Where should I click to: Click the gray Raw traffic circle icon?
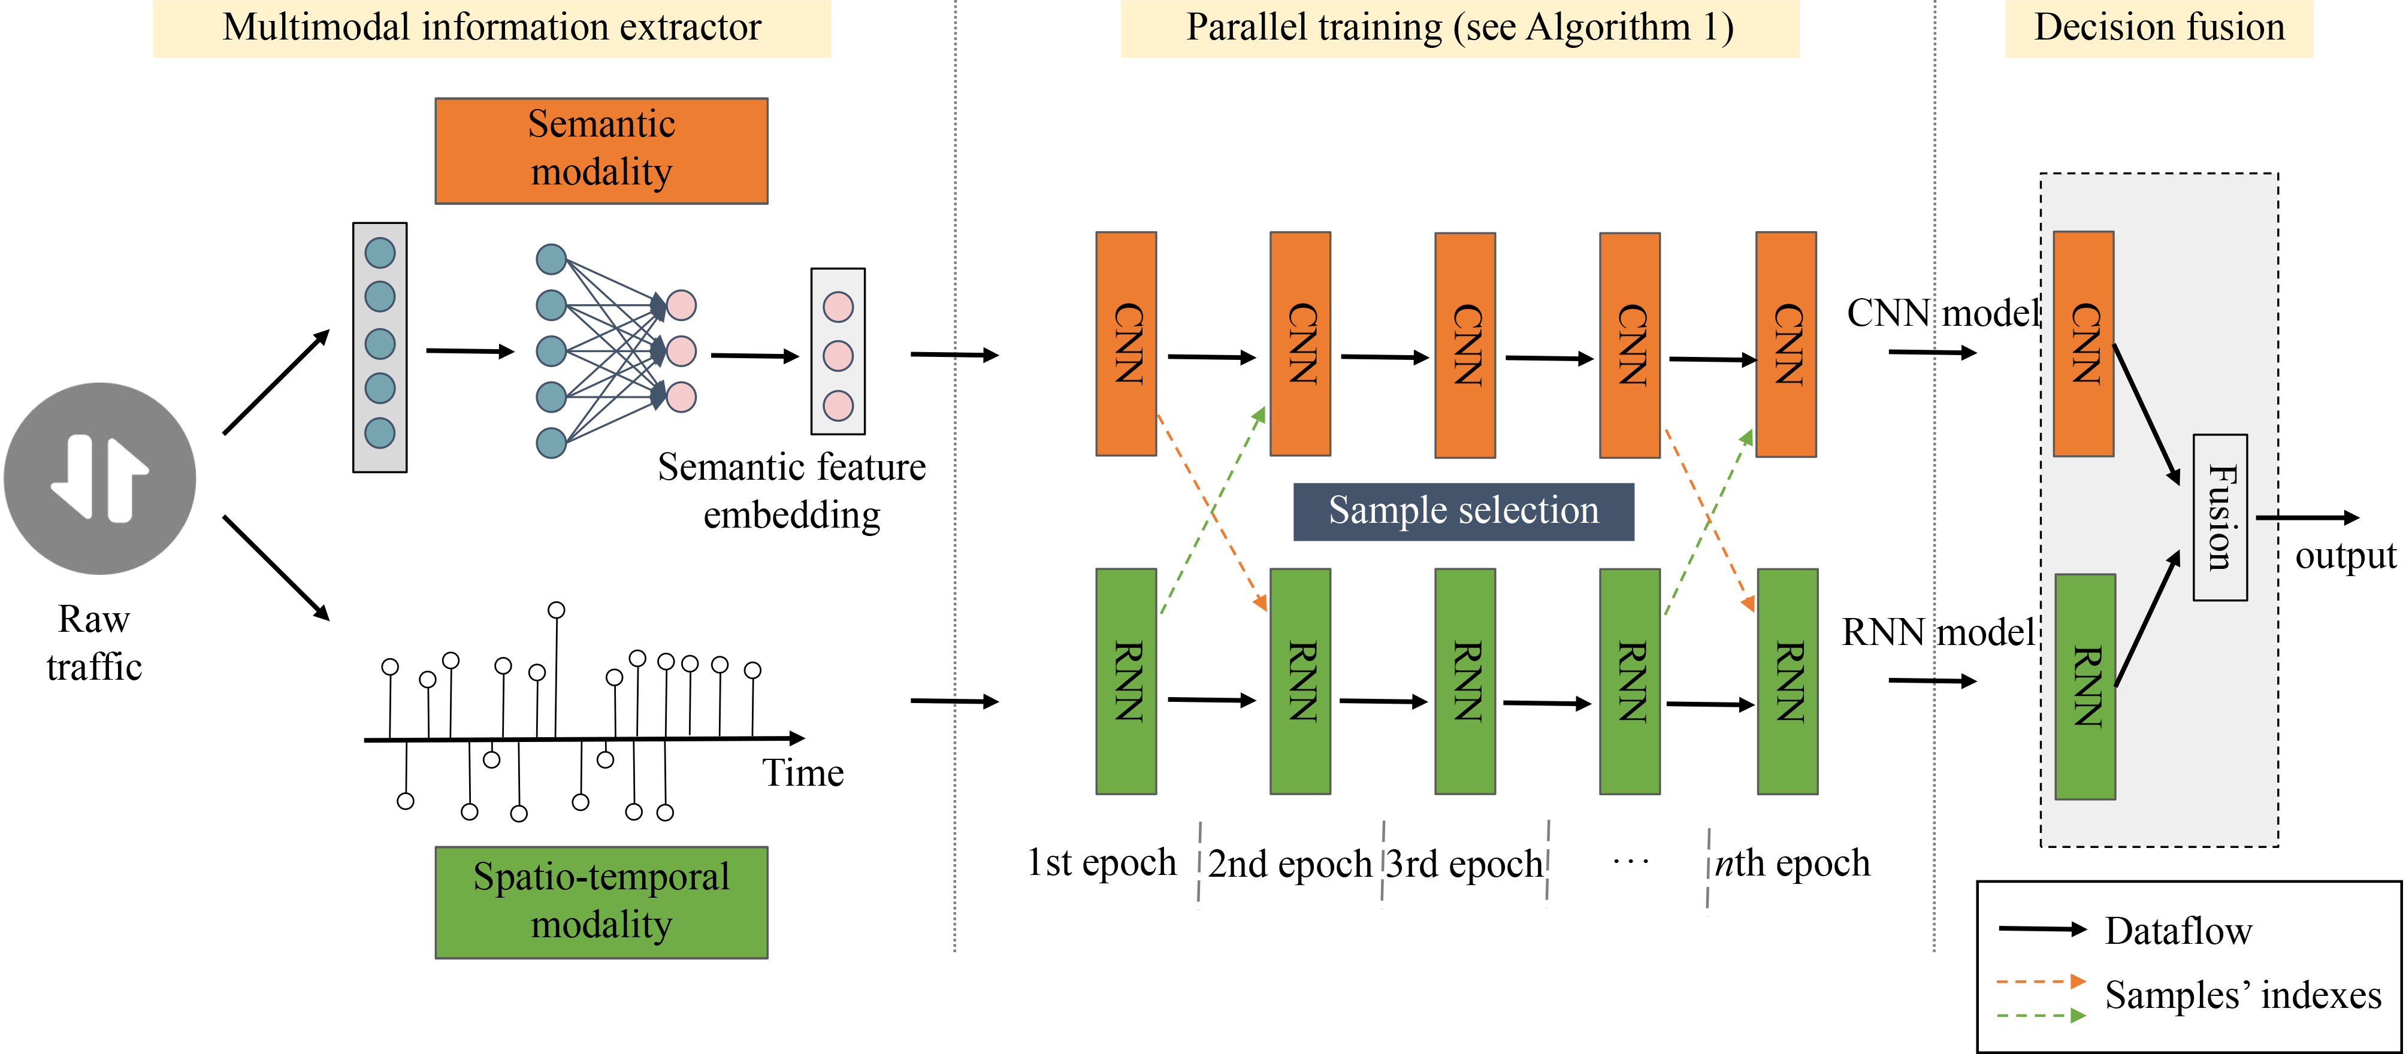(100, 478)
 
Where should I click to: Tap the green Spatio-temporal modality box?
(601, 902)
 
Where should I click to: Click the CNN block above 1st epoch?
(1126, 344)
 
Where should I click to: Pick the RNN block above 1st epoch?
(1126, 682)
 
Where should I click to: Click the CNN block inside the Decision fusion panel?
(2084, 344)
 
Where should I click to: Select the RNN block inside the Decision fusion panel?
(2085, 686)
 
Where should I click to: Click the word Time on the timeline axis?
(802, 773)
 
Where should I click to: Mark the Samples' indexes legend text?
(2242, 995)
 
